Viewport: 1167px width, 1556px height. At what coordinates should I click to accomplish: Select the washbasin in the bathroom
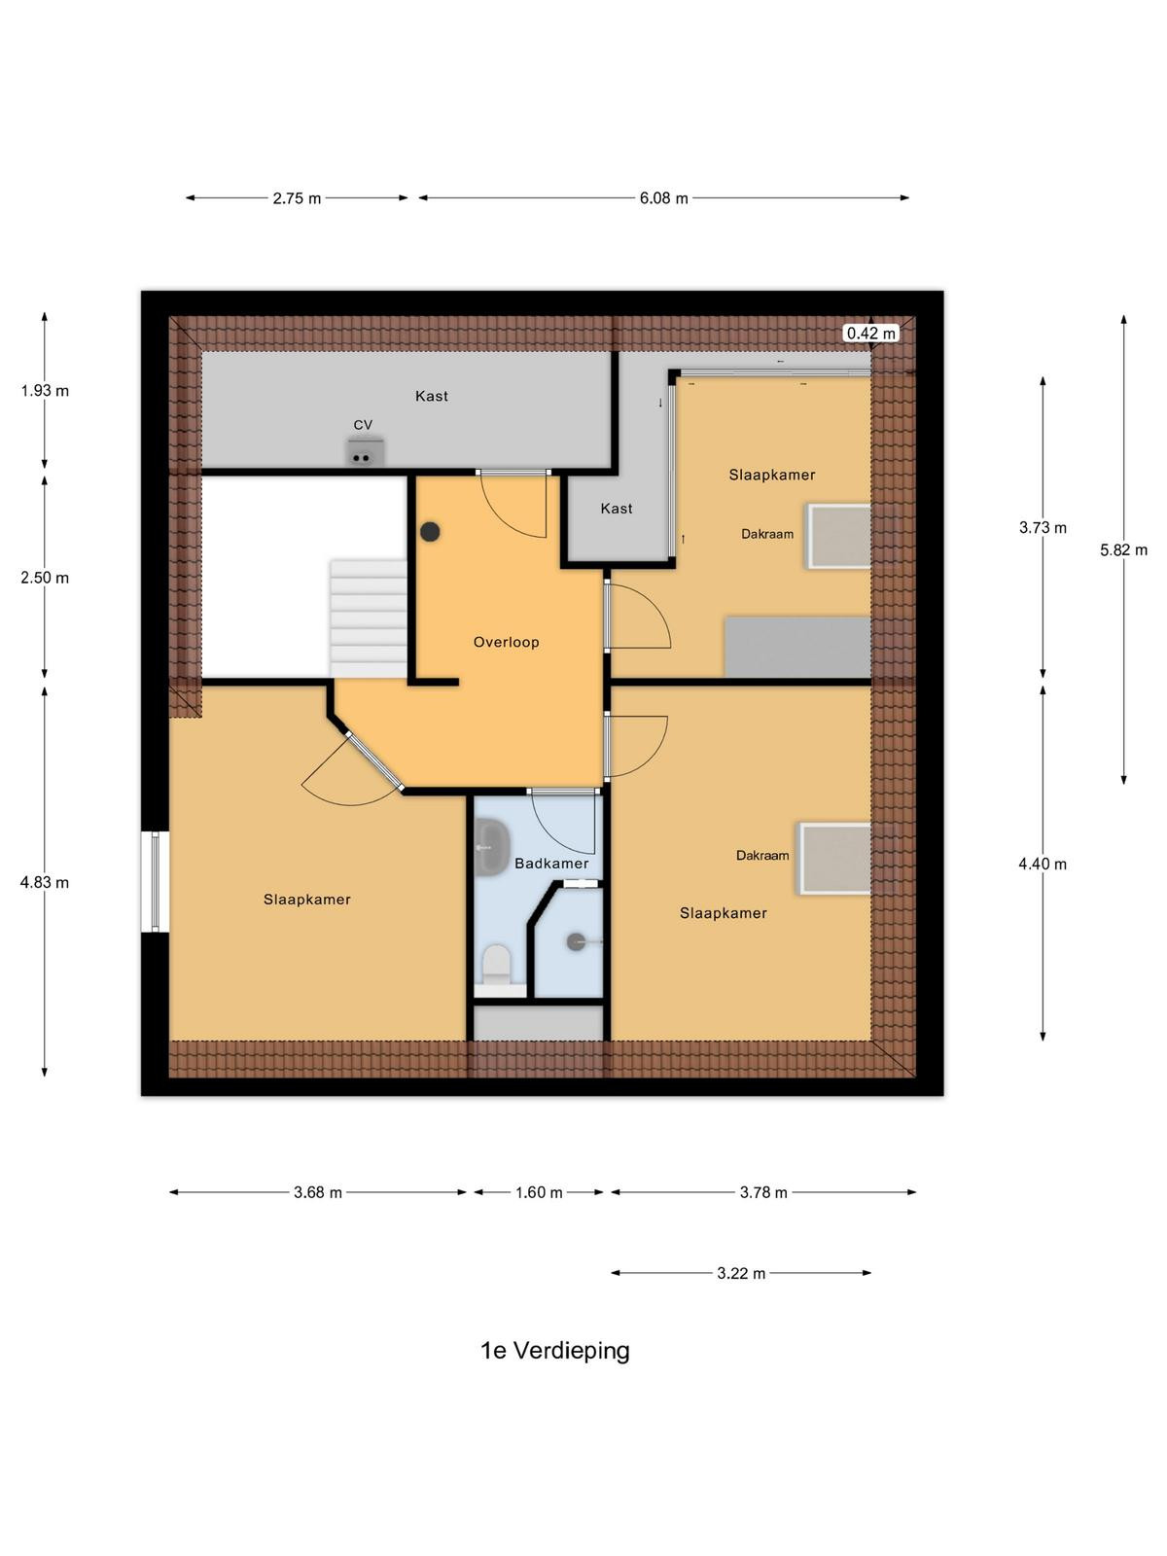click(490, 847)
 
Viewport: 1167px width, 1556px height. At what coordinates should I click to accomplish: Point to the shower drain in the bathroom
click(576, 941)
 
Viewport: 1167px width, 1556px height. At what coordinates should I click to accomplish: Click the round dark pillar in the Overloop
click(430, 532)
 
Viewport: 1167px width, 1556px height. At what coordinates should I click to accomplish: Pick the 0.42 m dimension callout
click(870, 333)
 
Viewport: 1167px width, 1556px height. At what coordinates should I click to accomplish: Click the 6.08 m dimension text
click(664, 198)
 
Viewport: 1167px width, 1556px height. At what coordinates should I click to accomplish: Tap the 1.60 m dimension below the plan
click(539, 1193)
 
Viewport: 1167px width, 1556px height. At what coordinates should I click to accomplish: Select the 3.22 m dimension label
click(741, 1273)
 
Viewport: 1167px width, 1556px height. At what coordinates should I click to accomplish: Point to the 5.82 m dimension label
click(1124, 550)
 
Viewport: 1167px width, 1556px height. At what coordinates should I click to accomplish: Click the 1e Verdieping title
click(554, 1351)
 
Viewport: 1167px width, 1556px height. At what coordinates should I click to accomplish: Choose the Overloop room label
click(506, 642)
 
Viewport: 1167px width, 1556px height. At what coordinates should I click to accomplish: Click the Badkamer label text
click(551, 864)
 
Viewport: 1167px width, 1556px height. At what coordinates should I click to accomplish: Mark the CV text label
click(363, 425)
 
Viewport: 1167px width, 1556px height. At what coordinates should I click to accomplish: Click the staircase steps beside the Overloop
click(369, 619)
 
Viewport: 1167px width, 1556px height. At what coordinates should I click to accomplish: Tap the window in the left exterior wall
click(156, 881)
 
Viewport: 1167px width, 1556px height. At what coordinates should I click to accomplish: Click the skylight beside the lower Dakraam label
click(834, 859)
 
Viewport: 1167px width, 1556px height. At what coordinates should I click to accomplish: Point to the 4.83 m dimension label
click(45, 883)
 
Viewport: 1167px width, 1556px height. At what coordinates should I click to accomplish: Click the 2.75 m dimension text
click(297, 198)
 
